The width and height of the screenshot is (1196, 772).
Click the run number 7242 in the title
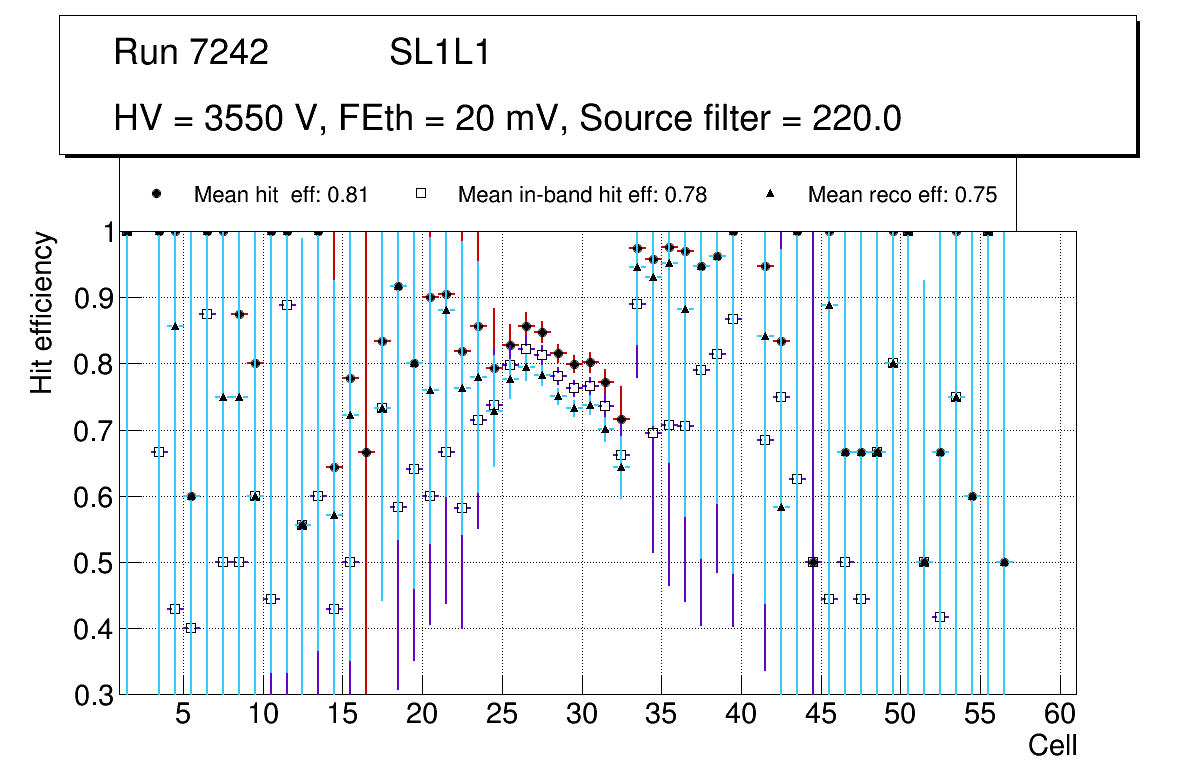231,53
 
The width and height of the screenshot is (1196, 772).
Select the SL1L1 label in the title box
439,53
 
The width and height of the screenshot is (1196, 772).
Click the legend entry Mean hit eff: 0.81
281,195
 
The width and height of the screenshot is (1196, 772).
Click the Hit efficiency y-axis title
42,312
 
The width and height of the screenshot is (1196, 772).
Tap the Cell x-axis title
1053,745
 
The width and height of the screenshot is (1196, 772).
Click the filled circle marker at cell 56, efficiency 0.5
1004,562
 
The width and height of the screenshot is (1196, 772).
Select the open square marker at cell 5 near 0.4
191,628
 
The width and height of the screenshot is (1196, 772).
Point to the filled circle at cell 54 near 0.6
972,496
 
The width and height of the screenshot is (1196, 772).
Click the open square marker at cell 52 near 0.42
940,617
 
